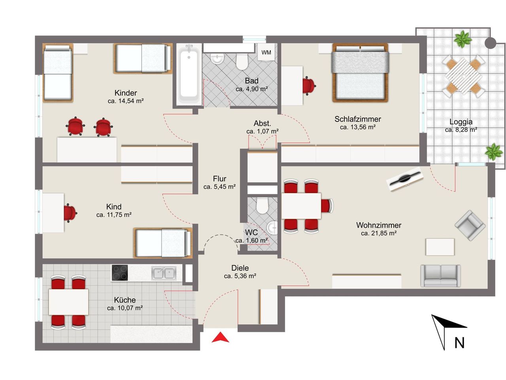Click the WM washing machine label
266,52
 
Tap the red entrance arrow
220,337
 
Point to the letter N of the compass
459,343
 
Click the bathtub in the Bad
189,74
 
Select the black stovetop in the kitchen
120,272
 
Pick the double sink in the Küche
164,273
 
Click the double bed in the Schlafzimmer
360,73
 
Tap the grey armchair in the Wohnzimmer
470,225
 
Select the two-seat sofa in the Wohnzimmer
440,276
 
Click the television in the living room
405,179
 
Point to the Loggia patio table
463,76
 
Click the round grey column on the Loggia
490,43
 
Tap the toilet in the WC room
262,205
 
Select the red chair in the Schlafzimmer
309,85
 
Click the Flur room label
219,179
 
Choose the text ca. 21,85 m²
379,233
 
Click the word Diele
240,268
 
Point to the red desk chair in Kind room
70,213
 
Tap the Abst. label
262,123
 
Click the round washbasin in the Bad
217,59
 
